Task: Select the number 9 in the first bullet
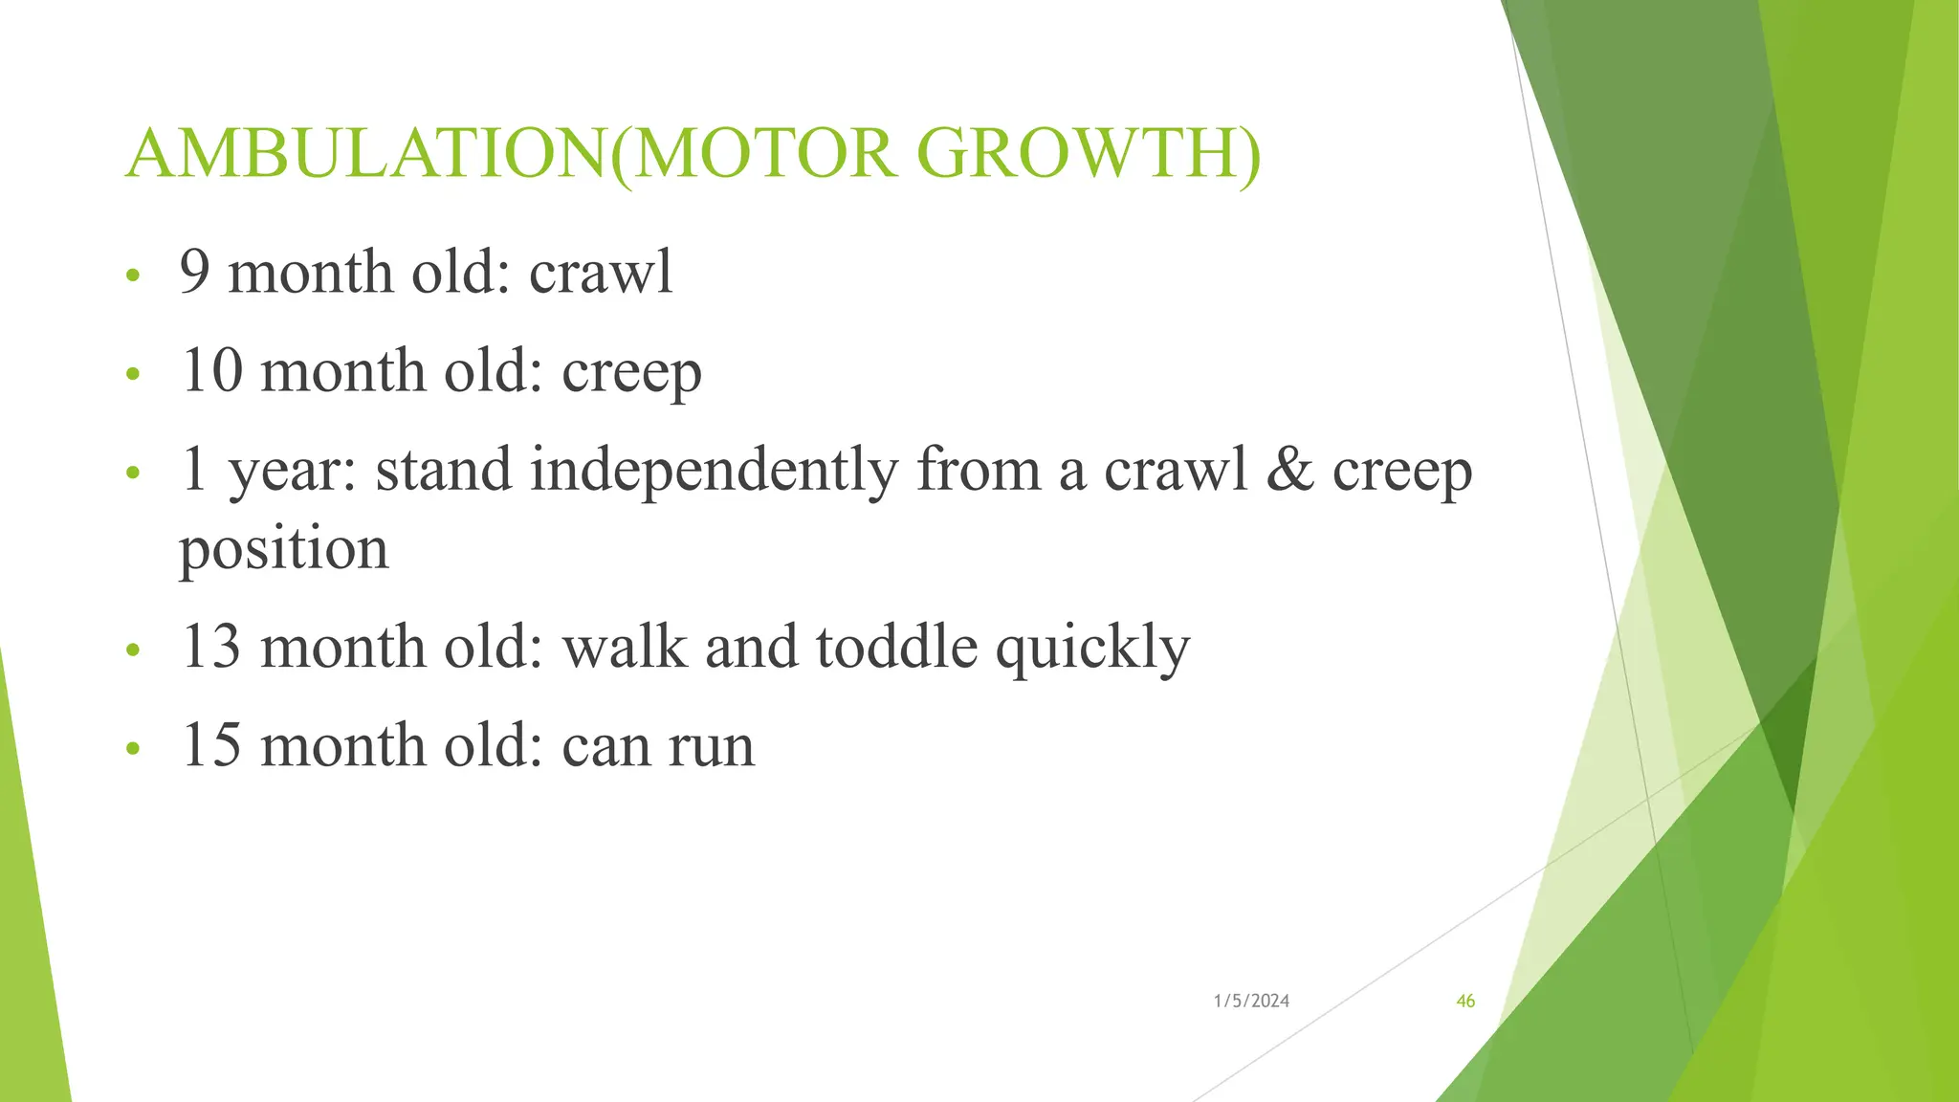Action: coord(194,272)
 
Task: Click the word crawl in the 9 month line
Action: coord(601,272)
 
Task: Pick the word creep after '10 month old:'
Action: coord(631,373)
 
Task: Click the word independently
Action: coord(714,471)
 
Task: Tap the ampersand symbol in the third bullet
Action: coord(1289,470)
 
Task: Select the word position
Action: coord(284,550)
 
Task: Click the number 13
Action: coord(211,647)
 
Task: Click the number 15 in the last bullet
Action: coord(211,745)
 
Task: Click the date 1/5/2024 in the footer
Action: coord(1251,1002)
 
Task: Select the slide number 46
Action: coord(1464,1002)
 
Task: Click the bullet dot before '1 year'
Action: coord(133,473)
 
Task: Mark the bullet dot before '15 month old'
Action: coord(133,748)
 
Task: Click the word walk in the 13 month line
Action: coord(625,647)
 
